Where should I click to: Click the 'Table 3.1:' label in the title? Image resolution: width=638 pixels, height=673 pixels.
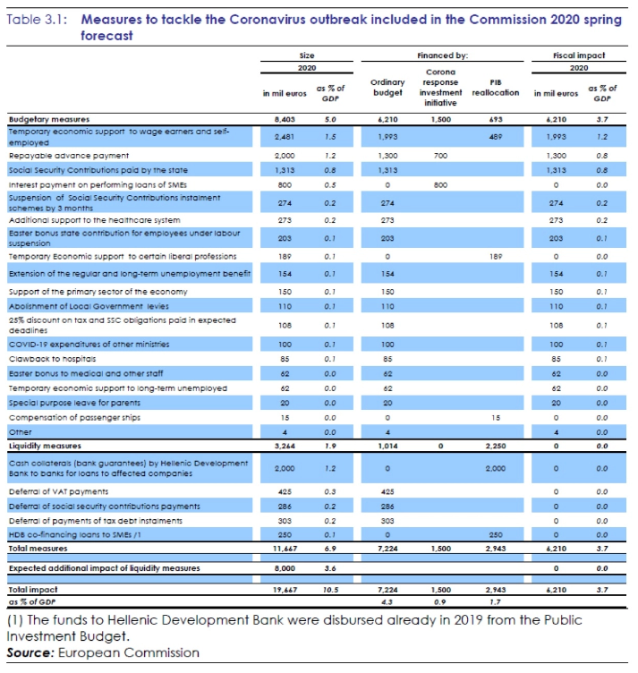coord(37,20)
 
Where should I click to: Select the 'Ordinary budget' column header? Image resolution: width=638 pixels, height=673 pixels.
coord(387,88)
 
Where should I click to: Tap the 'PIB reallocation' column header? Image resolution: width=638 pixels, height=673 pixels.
coord(496,88)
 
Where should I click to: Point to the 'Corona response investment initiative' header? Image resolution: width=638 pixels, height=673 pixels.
coord(440,88)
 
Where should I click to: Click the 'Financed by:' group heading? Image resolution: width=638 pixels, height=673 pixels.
coord(442,55)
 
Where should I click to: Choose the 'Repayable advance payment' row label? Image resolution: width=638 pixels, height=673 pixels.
coord(69,156)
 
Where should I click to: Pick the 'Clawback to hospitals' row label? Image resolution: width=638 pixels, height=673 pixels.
coord(52,359)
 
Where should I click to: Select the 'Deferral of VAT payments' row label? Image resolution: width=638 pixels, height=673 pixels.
coord(58,492)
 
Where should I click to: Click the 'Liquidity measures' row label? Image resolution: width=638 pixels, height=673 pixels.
coord(45,446)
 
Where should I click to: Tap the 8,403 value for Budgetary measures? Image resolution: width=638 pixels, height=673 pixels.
coord(285,119)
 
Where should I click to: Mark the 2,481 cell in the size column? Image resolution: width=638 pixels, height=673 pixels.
coord(285,137)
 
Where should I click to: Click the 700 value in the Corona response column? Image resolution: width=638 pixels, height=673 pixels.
coord(440,156)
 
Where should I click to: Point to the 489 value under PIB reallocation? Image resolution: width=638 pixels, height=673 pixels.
coord(496,137)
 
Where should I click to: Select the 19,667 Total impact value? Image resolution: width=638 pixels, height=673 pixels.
coord(285,590)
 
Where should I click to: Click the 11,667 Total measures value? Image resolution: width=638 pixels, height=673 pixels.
coord(285,549)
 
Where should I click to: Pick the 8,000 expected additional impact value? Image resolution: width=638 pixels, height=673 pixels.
coord(285,568)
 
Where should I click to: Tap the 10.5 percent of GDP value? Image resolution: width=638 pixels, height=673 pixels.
coord(330,590)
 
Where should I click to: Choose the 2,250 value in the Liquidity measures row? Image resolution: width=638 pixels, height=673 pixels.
coord(496,446)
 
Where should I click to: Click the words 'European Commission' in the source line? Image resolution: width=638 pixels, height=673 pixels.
coord(129,652)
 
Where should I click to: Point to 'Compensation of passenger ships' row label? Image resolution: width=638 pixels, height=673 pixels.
coord(74,418)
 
